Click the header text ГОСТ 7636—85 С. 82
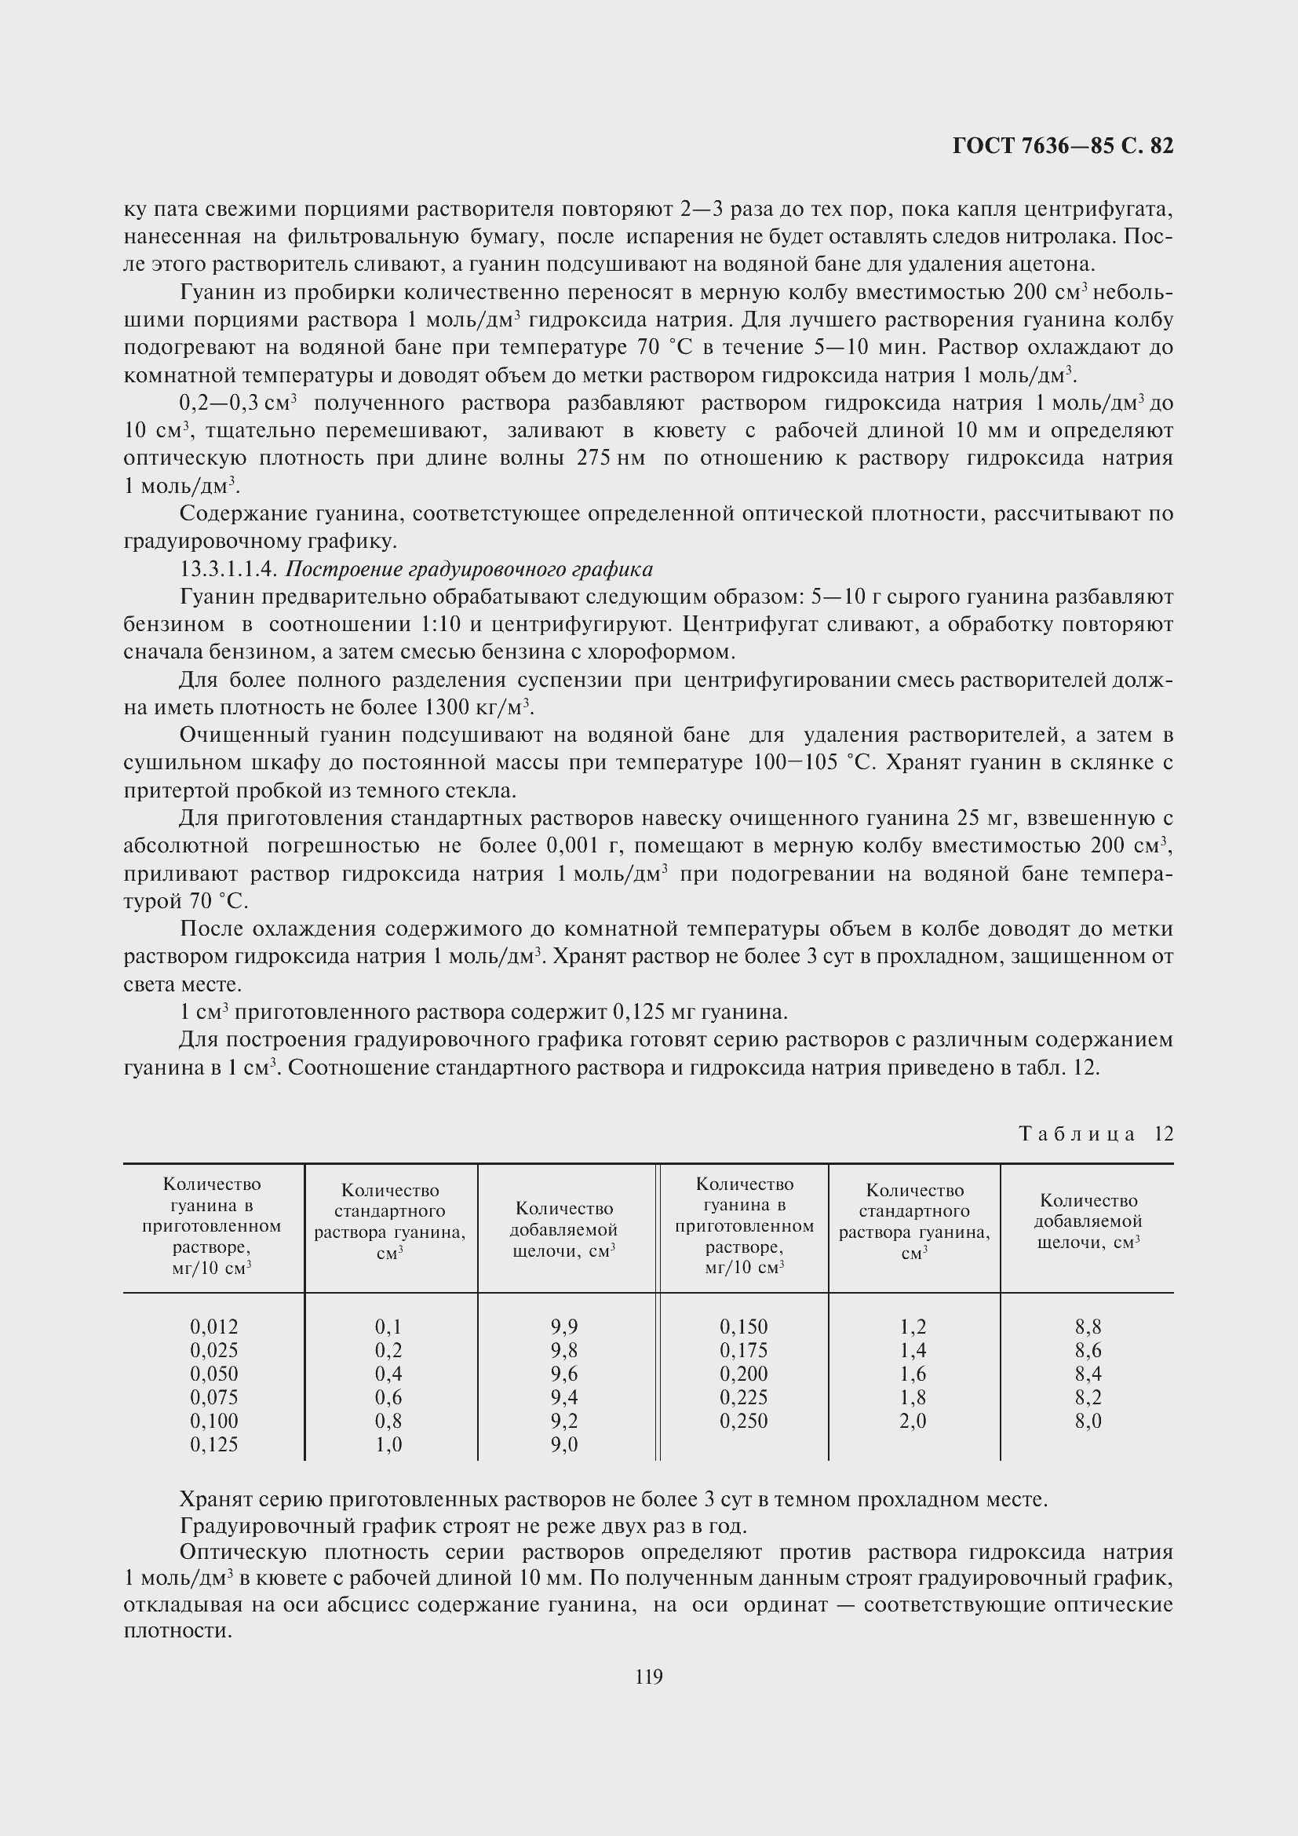(x=1063, y=145)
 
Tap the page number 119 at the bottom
(x=648, y=1677)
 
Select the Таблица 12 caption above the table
(x=1096, y=1134)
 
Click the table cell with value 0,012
(x=214, y=1327)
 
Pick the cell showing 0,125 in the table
(x=214, y=1445)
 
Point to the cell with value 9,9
(x=564, y=1327)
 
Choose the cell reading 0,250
(x=743, y=1421)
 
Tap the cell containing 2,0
(x=913, y=1421)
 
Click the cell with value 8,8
(x=1088, y=1327)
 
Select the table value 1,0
(x=388, y=1445)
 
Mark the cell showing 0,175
(x=743, y=1351)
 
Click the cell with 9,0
(x=564, y=1445)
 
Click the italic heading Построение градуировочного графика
(x=469, y=569)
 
